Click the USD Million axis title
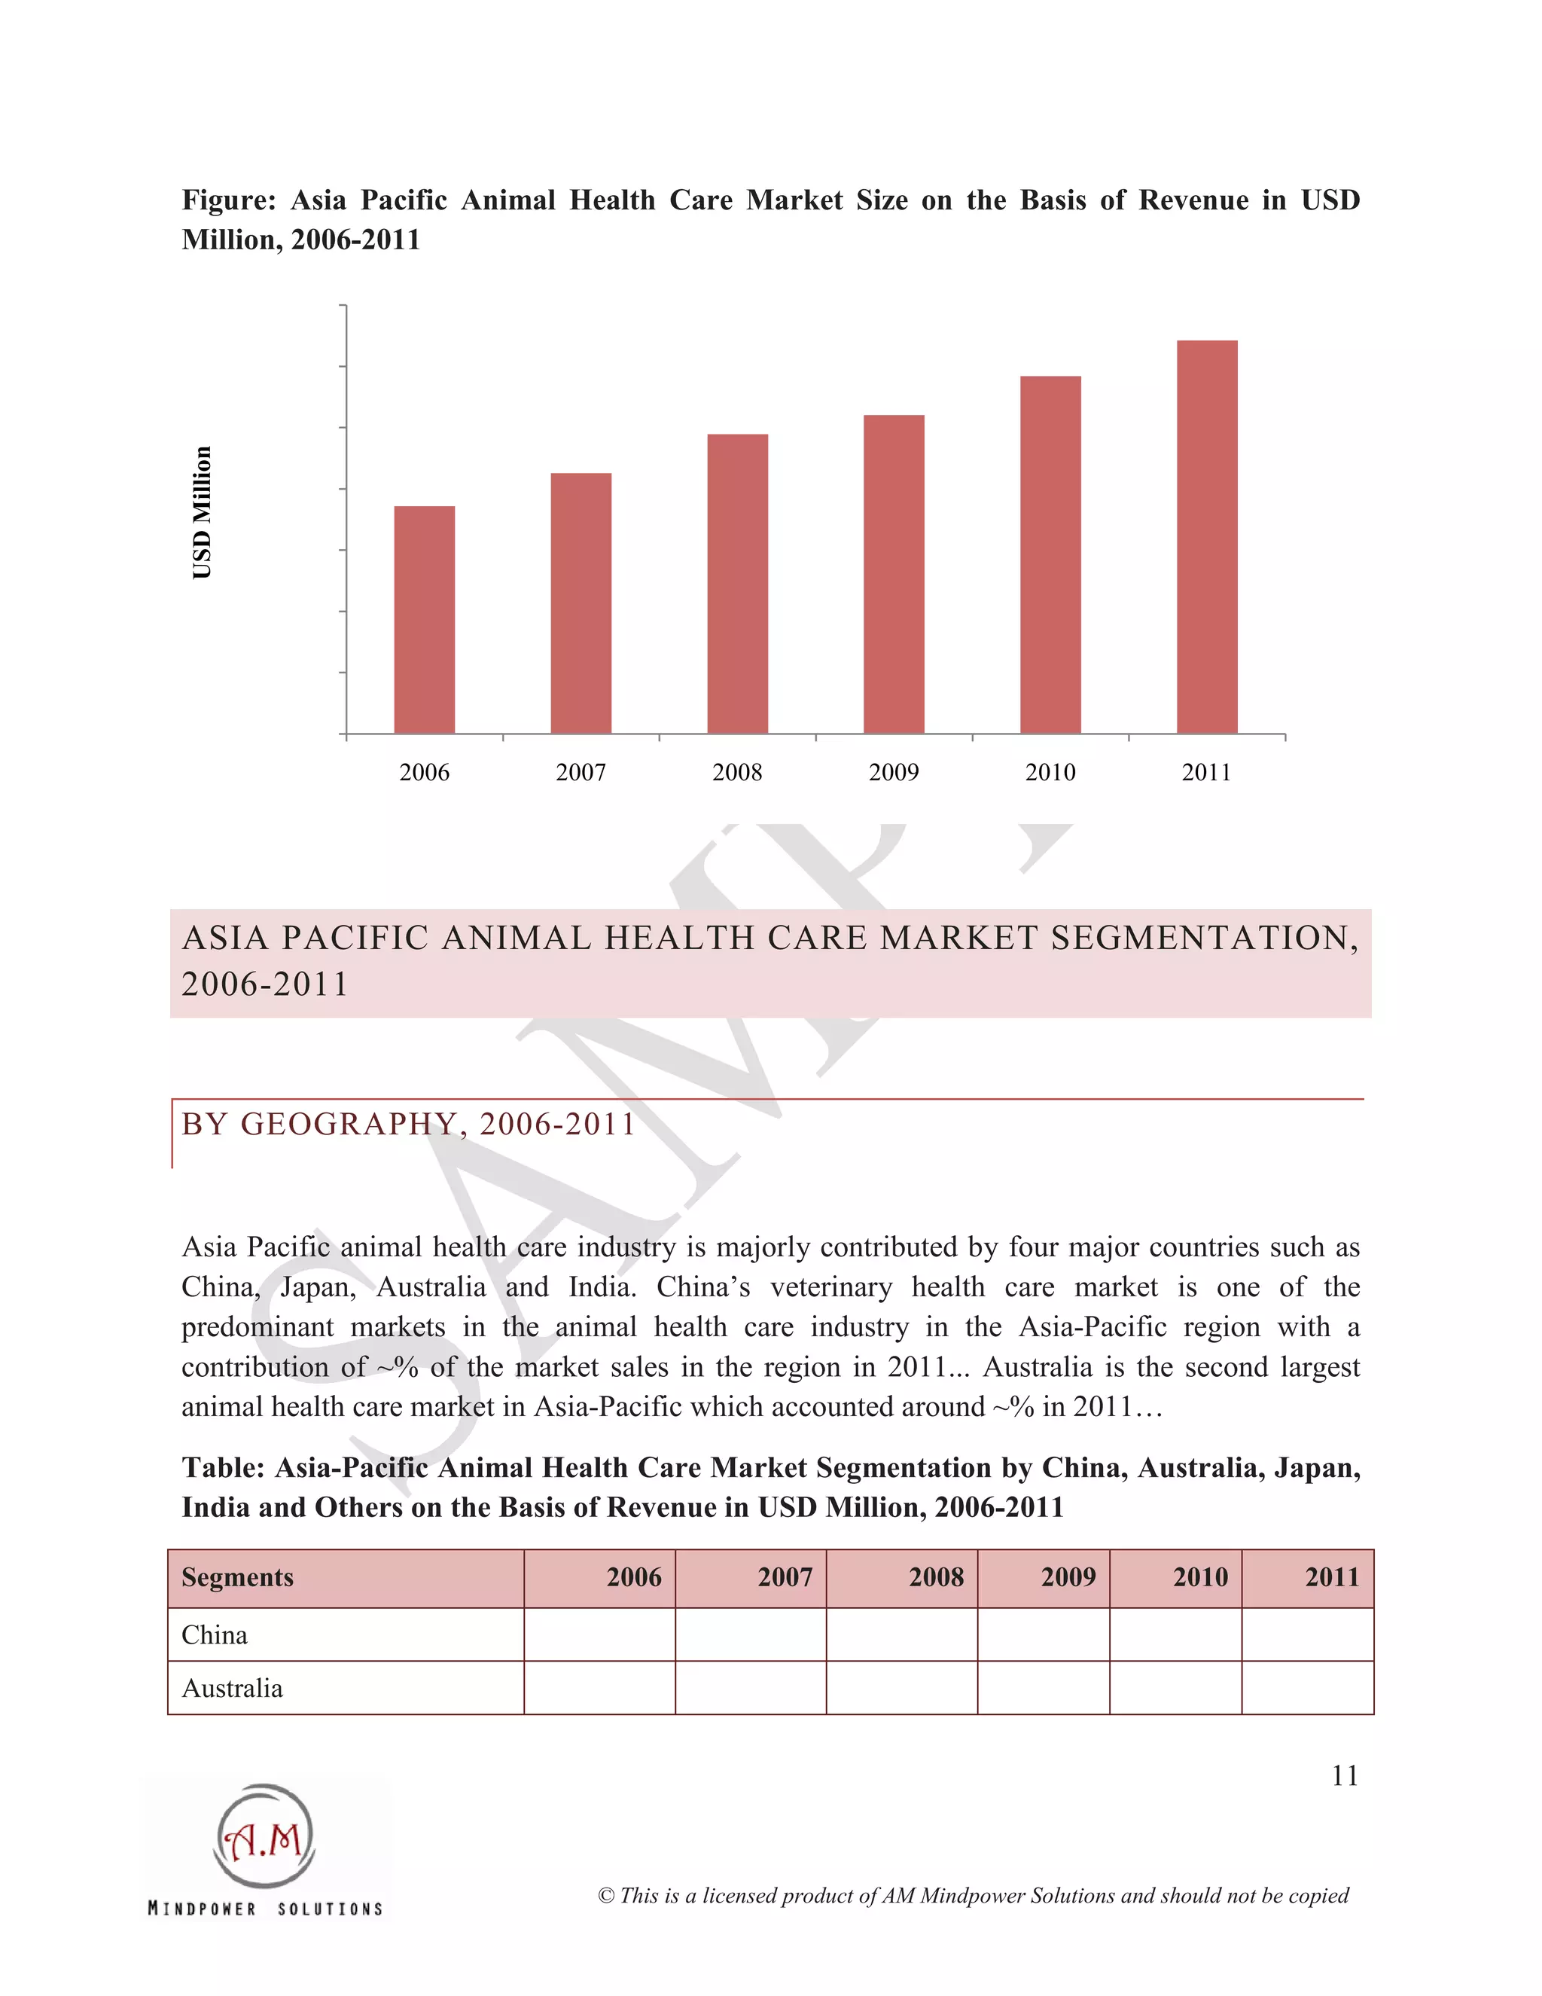(202, 513)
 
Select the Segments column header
(237, 1577)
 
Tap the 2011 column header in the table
(1332, 1577)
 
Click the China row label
(215, 1635)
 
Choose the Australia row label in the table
(232, 1688)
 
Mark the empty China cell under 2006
(599, 1635)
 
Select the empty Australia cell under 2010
(1175, 1688)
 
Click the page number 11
(1345, 1776)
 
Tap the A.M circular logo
(265, 1837)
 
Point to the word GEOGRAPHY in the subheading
(348, 1124)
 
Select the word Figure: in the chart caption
(228, 200)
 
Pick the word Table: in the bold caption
(223, 1468)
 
